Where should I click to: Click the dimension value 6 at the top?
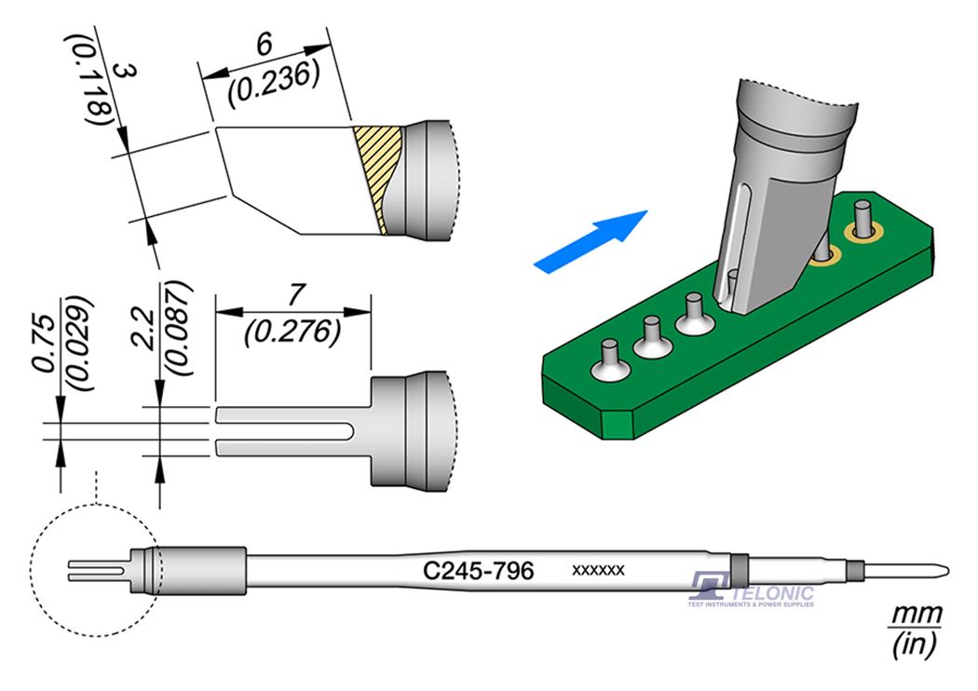tap(263, 44)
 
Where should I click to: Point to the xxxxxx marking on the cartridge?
tap(597, 569)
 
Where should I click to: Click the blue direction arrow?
tap(591, 241)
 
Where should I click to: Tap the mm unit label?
tap(917, 616)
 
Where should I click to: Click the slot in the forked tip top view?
tap(284, 431)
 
